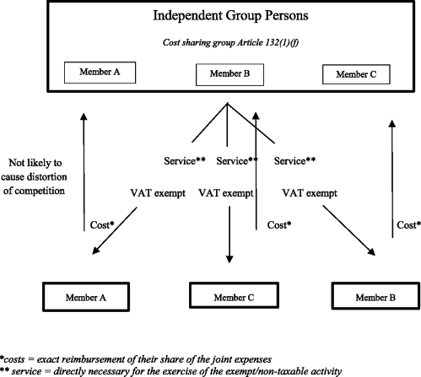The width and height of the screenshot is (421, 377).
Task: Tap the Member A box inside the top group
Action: tap(99, 73)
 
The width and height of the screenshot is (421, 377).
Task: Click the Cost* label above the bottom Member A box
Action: tap(103, 225)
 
